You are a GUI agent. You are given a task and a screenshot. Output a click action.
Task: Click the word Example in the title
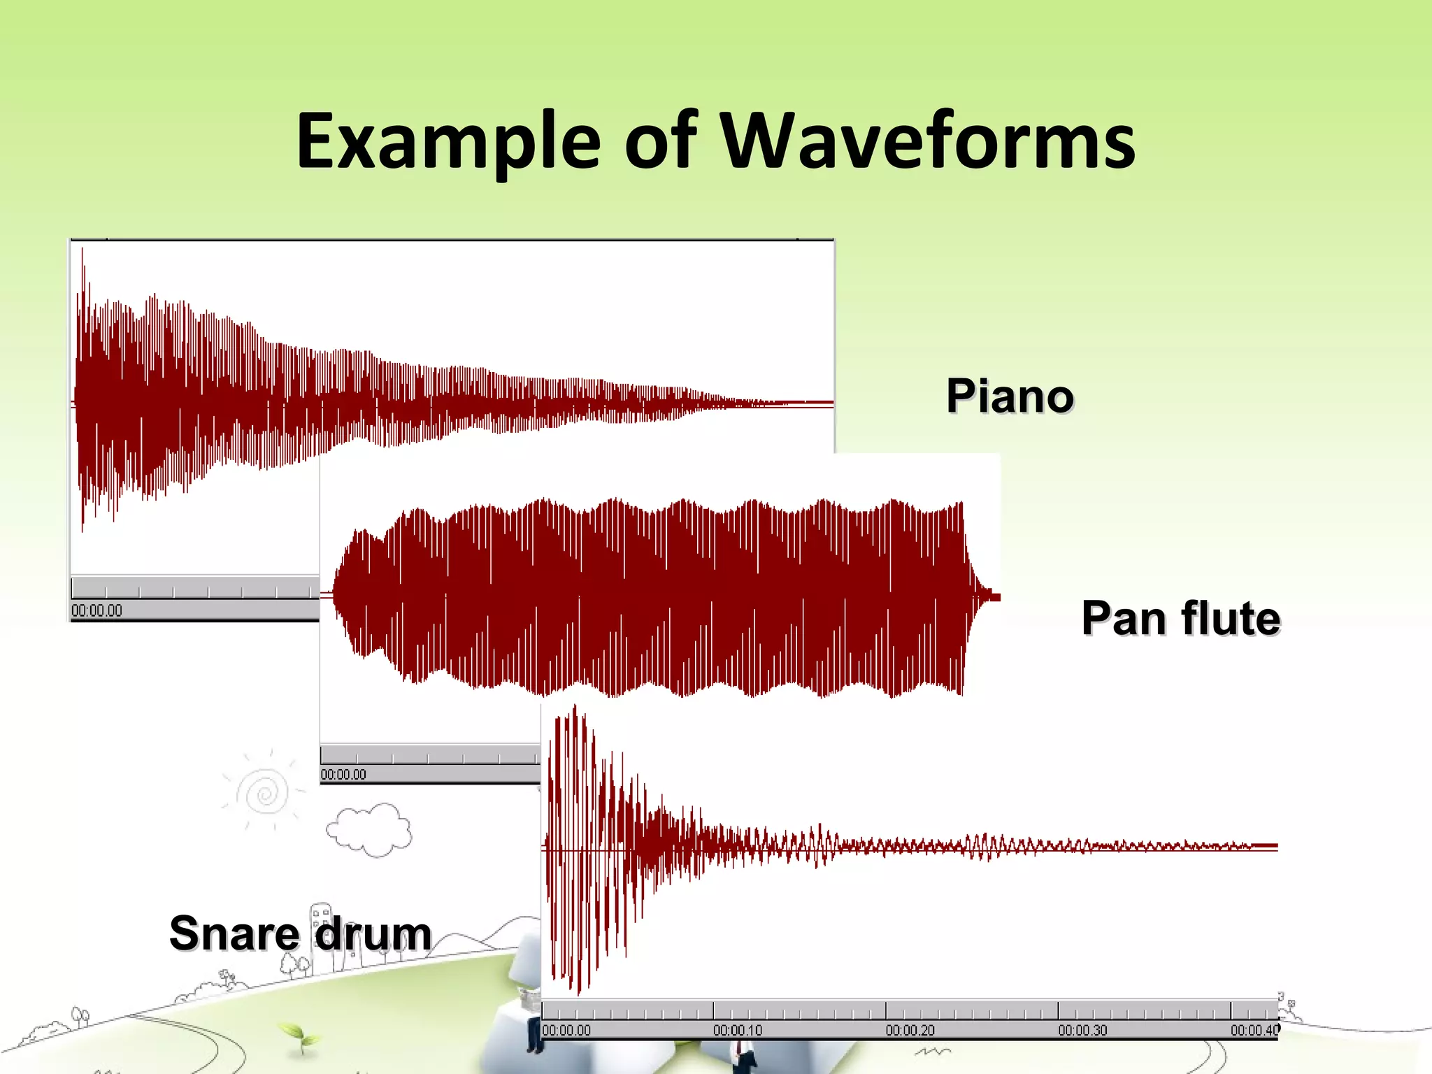coord(447,141)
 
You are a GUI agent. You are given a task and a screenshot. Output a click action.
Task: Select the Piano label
coord(1010,396)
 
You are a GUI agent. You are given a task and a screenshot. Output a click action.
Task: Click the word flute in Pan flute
coord(1231,619)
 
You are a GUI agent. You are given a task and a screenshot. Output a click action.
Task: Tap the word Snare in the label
coord(234,933)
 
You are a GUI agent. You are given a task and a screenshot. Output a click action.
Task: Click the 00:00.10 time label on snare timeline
coord(738,1030)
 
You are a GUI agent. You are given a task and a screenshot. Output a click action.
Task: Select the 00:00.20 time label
coord(910,1030)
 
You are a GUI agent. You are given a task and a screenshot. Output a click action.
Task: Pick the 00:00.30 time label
coord(1082,1030)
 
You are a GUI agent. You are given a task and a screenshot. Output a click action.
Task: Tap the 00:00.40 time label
coord(1254,1030)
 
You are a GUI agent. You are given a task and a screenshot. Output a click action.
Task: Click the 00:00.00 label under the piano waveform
coord(96,610)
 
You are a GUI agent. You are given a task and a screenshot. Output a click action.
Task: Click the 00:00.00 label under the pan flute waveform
coord(343,774)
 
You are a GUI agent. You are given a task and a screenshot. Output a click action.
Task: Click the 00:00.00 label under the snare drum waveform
coord(566,1030)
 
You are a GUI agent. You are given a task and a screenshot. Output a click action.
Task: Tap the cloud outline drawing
coord(369,830)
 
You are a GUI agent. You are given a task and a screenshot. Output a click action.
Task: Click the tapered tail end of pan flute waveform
coord(989,596)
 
